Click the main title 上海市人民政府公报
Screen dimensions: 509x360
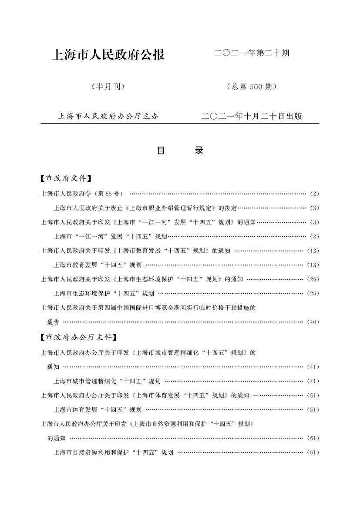tap(108, 55)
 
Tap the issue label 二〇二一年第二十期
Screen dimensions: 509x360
tap(252, 54)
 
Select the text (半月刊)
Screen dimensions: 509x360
tap(108, 87)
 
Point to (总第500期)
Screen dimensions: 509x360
tap(252, 87)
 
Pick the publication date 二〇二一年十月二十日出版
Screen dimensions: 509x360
tap(252, 117)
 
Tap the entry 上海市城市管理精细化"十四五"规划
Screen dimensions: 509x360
tap(107, 382)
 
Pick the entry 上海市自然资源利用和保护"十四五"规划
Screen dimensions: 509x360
tap(113, 452)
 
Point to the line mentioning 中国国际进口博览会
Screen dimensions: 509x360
tap(148, 308)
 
